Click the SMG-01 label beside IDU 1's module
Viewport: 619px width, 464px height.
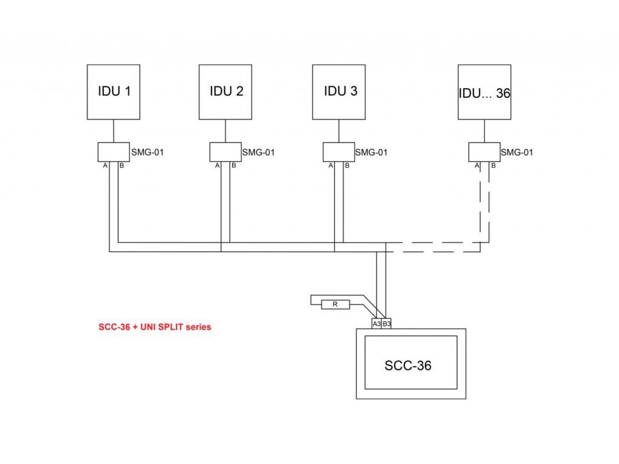click(147, 152)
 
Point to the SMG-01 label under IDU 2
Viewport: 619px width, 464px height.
click(259, 152)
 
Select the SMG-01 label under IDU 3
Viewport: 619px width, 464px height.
click(372, 152)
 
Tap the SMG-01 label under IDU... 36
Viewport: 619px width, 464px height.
click(517, 152)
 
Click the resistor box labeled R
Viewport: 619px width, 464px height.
click(335, 304)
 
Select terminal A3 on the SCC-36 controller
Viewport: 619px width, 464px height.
click(377, 324)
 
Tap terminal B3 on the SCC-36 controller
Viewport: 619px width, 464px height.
click(386, 324)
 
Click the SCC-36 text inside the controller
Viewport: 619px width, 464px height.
click(408, 366)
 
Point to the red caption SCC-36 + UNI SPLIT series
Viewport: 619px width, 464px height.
click(155, 327)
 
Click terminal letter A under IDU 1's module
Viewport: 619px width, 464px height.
click(105, 166)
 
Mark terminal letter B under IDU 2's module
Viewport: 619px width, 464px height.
click(234, 166)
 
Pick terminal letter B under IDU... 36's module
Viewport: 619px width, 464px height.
click(493, 166)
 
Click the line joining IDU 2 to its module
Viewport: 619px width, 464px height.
click(225, 131)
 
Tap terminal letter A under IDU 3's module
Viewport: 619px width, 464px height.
click(331, 166)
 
